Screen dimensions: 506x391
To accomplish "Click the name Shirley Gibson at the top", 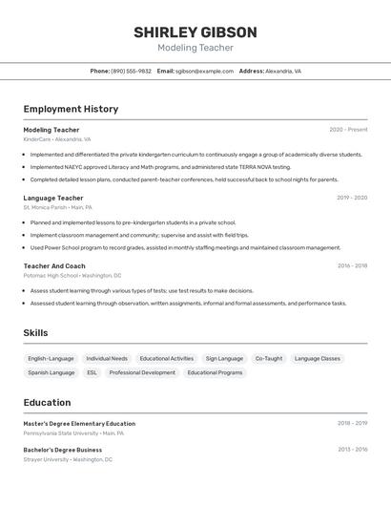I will coord(195,32).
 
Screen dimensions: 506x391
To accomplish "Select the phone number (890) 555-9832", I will coord(132,71).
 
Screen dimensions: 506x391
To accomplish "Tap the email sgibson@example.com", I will coord(204,71).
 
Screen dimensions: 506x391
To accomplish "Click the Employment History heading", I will coord(71,109).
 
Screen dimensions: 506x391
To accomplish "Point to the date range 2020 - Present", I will coord(348,130).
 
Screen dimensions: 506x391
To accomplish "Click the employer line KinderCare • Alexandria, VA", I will coord(57,139).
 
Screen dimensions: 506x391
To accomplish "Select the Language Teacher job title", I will coord(53,198).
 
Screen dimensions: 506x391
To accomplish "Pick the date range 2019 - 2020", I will coord(352,198).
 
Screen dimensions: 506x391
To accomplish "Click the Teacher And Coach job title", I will coord(54,266).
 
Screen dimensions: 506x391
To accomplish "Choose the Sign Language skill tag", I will coord(224,359).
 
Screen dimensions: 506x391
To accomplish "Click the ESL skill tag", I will coord(92,372).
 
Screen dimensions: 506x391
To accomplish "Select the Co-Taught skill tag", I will coord(269,359).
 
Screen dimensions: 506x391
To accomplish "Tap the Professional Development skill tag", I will coord(142,372).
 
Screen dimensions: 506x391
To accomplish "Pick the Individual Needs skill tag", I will coord(107,359).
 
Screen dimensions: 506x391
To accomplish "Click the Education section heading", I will coord(47,403).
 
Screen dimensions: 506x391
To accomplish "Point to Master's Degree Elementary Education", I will coord(79,423).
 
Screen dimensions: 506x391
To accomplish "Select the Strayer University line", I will coord(68,459).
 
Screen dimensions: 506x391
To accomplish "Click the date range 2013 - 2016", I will coord(352,449).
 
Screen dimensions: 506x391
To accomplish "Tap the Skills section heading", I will coord(35,333).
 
